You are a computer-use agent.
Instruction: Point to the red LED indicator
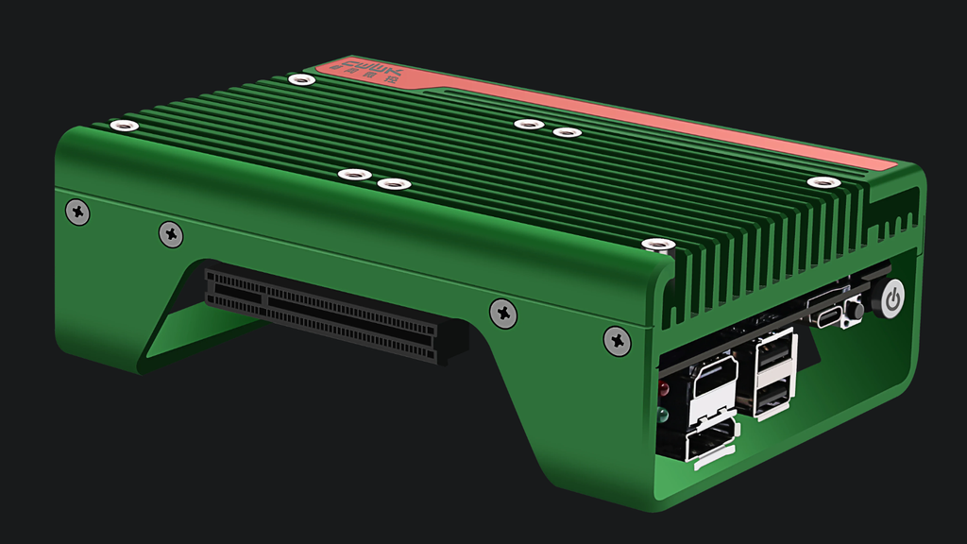664,388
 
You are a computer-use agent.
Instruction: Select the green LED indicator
664,415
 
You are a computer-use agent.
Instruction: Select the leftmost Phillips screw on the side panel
77,212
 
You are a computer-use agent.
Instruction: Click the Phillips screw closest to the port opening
618,340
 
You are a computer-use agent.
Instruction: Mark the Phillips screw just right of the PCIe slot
503,313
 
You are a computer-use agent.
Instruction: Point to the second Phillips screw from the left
171,233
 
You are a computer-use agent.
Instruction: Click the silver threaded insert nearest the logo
301,79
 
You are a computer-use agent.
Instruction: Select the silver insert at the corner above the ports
657,246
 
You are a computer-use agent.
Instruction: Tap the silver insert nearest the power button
822,182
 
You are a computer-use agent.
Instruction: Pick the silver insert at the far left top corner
122,126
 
